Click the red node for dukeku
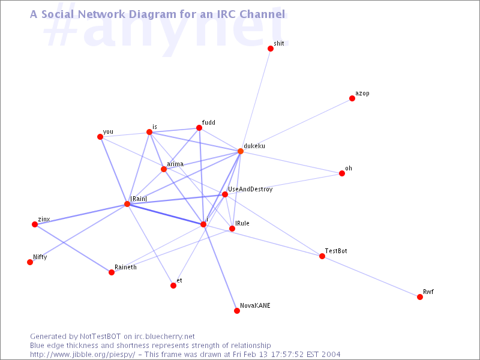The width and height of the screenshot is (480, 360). point(241,151)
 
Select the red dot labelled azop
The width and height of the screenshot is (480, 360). point(352,98)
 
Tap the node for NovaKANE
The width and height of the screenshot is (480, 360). point(237,311)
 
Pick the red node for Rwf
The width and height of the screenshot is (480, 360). point(420,297)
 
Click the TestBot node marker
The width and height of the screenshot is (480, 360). point(322,256)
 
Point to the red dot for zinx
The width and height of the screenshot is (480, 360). point(35,224)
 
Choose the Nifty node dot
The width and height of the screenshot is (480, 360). point(30,262)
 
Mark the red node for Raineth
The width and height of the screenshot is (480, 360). point(112,272)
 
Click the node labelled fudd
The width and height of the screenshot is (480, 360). point(199,128)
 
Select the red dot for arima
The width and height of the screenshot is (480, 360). point(164,169)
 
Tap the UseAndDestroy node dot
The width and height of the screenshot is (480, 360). point(225,194)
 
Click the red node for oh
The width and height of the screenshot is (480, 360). point(342,173)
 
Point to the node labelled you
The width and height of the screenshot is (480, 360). point(100,137)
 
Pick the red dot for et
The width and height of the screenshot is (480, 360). point(173,286)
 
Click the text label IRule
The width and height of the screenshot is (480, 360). point(242,223)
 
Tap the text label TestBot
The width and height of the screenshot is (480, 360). point(336,251)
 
